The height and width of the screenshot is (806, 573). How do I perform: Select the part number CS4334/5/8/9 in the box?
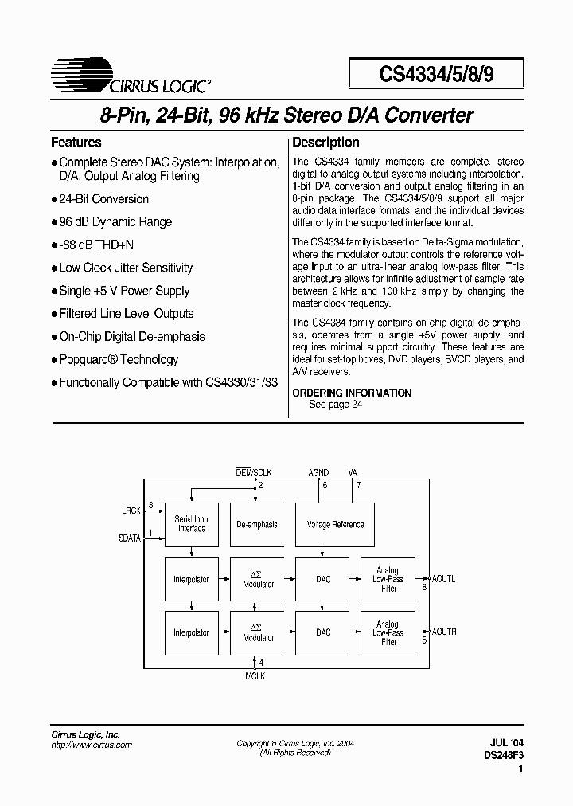pyautogui.click(x=436, y=74)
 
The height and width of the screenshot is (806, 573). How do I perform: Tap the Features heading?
pyautogui.click(x=76, y=143)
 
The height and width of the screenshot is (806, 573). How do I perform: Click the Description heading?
pyautogui.click(x=326, y=143)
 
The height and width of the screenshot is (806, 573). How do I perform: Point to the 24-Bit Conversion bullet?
pyautogui.click(x=103, y=199)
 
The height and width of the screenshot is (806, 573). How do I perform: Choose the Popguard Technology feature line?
pyautogui.click(x=119, y=359)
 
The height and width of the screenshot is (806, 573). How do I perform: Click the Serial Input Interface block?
pyautogui.click(x=192, y=524)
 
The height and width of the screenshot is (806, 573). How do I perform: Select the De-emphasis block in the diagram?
pyautogui.click(x=257, y=524)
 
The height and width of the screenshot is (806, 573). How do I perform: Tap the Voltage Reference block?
pyautogui.click(x=335, y=524)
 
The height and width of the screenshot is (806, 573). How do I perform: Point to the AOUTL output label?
pyautogui.click(x=443, y=579)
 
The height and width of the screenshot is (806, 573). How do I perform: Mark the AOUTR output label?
pyautogui.click(x=443, y=632)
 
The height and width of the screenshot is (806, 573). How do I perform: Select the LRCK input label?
pyautogui.click(x=131, y=509)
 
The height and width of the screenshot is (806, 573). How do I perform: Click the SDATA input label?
pyautogui.click(x=130, y=538)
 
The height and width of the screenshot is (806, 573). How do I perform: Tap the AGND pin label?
pyautogui.click(x=318, y=473)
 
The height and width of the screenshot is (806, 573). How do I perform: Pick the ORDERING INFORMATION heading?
pyautogui.click(x=352, y=393)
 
